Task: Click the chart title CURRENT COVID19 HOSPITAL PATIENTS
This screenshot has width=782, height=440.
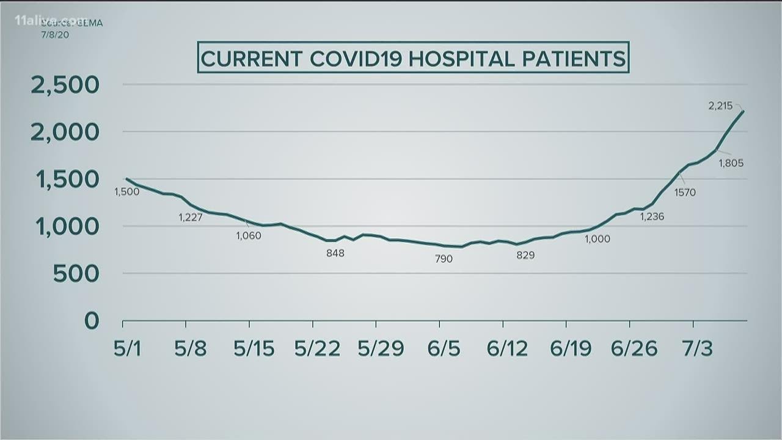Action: click(x=414, y=58)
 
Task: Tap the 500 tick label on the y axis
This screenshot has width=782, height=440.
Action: click(x=76, y=274)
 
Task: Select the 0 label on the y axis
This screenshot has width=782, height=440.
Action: click(x=91, y=321)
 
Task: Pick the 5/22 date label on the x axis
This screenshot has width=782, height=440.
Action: click(x=317, y=348)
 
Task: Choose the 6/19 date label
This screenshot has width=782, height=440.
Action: click(x=570, y=348)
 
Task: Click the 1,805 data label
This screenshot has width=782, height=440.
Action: click(x=731, y=163)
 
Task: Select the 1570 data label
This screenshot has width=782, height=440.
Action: click(x=685, y=193)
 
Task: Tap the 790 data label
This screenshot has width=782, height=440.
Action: click(x=444, y=258)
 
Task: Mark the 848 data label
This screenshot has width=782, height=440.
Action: click(x=335, y=252)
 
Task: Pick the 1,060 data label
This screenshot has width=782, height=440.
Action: click(x=248, y=235)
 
